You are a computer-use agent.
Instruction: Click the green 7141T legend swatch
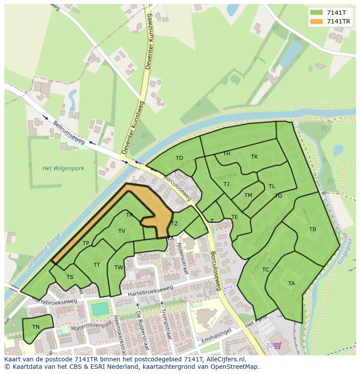pos(317,13)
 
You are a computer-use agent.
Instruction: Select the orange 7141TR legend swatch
pos(317,21)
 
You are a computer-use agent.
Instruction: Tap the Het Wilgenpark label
pos(63,168)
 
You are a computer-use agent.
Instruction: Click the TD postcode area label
pos(179,158)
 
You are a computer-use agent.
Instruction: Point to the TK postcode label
pos(254,157)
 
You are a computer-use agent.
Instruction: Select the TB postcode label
pos(313,229)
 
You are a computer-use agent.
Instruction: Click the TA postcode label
pos(291,284)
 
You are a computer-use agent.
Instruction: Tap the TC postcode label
pos(266,270)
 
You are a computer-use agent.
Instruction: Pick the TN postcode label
pos(36,327)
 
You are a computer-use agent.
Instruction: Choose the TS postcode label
pos(70,277)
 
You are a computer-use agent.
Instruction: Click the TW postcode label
pos(119,268)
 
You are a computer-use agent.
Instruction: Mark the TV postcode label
pos(122,231)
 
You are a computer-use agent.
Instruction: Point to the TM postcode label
pos(248,195)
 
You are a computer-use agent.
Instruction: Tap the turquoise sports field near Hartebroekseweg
pos(100,309)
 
